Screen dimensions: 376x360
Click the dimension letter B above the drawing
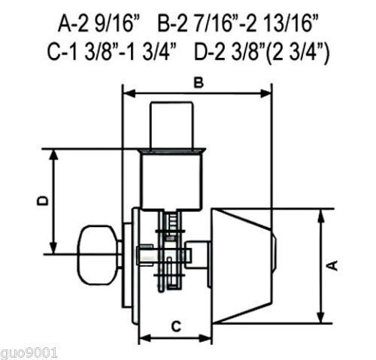point(199,83)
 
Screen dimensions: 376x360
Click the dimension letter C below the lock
point(176,326)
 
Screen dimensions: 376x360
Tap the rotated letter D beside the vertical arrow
point(43,201)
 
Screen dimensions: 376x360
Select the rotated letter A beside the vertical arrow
point(333,265)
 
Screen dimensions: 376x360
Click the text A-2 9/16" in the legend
point(99,23)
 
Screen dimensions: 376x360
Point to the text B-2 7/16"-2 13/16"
point(238,23)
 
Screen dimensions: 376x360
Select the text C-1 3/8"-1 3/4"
point(112,52)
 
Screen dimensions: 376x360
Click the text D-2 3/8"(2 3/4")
point(262,53)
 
